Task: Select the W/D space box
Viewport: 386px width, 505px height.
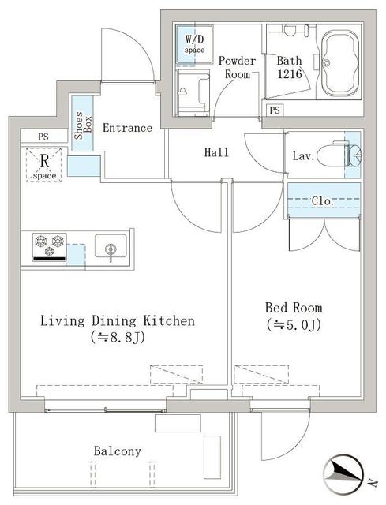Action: (x=194, y=44)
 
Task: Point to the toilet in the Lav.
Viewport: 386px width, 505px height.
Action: (x=346, y=155)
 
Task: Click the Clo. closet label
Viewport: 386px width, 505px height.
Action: (x=323, y=201)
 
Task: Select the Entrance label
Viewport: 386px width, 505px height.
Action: (x=127, y=128)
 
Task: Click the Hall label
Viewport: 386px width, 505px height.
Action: (x=216, y=152)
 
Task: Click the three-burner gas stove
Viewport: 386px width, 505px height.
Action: (x=49, y=247)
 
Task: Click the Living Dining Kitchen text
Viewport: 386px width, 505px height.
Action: (x=117, y=321)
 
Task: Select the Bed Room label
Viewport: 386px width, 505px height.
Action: (x=293, y=308)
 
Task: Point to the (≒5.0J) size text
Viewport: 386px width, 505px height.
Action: (x=293, y=324)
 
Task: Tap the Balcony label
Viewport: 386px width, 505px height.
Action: (x=117, y=451)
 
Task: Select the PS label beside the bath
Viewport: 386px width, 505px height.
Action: (x=274, y=110)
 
